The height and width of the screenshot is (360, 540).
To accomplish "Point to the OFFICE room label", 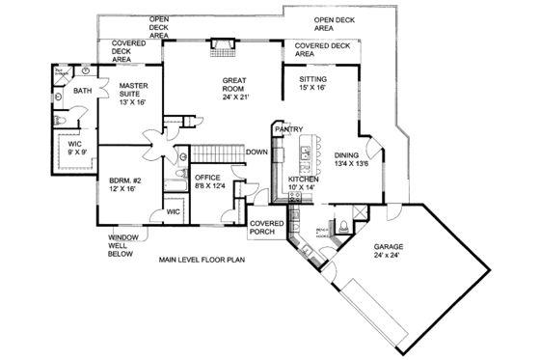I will point(208,178).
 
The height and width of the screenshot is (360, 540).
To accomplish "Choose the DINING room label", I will point(345,155).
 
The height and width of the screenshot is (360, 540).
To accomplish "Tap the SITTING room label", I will point(312,79).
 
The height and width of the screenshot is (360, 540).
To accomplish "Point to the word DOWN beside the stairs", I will point(256,152).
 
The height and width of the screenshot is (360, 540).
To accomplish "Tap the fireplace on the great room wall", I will point(223,43).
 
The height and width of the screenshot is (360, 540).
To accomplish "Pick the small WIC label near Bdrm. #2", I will point(174,210).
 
